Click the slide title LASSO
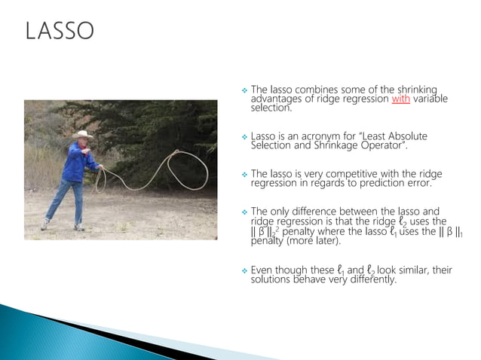click(x=60, y=31)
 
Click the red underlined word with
click(x=401, y=99)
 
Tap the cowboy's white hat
click(x=82, y=134)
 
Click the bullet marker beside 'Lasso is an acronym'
click(x=244, y=137)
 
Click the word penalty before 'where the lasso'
click(x=302, y=232)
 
